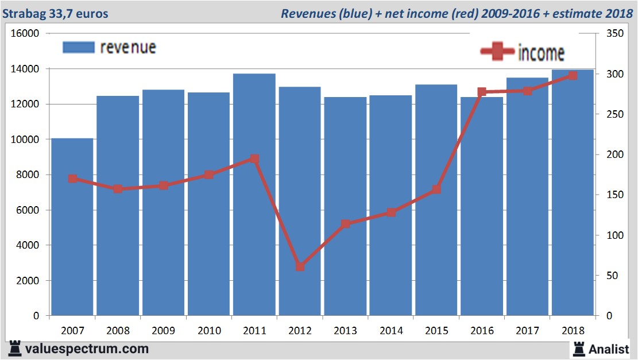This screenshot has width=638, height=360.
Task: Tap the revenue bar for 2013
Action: point(345,207)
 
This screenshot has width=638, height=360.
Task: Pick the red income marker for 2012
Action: point(300,267)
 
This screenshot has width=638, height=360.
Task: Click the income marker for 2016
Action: point(482,92)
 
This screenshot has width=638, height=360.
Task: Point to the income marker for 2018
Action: point(573,75)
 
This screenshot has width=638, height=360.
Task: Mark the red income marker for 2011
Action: point(254,159)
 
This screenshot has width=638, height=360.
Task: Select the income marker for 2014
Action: point(391,212)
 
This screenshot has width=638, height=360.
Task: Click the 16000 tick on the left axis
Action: point(25,34)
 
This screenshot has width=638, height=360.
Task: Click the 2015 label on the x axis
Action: point(436,331)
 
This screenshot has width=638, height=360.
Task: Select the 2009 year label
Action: point(164,331)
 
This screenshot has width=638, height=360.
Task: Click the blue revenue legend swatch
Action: point(78,47)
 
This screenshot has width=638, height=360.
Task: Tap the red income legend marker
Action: point(497,52)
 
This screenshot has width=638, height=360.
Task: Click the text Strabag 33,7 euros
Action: point(55,13)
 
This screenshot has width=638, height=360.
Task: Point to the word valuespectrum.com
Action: point(87,349)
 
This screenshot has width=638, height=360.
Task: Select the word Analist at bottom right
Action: point(608,349)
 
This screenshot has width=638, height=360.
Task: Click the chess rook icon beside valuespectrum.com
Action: point(14,348)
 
